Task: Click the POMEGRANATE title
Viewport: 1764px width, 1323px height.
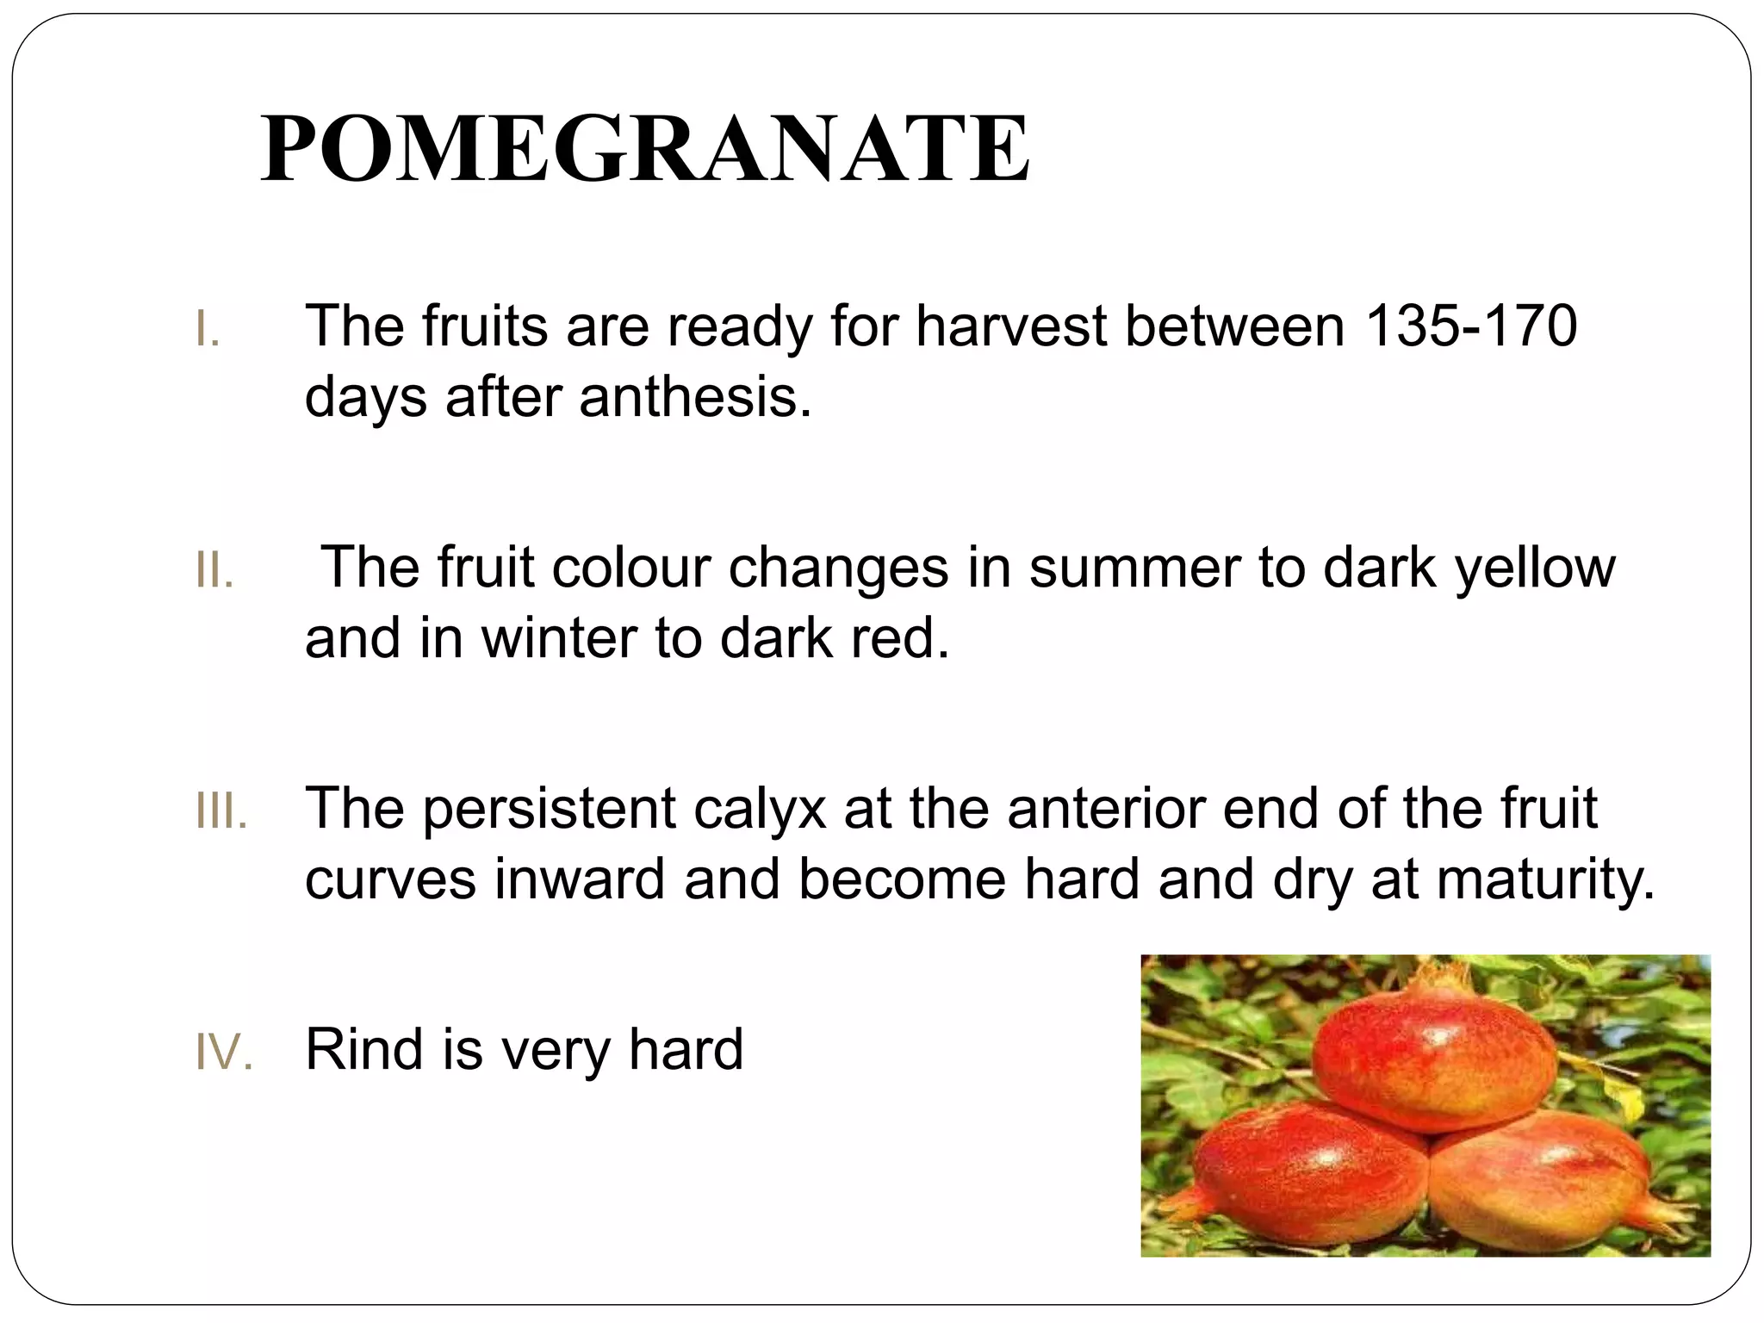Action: pyautogui.click(x=644, y=149)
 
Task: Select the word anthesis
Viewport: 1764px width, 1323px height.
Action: pyautogui.click(x=695, y=397)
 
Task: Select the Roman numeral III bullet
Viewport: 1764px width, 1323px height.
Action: pyautogui.click(x=220, y=812)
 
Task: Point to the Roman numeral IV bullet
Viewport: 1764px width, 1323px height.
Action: pyautogui.click(x=223, y=1053)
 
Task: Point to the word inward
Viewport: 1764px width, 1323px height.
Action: pyautogui.click(x=580, y=879)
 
